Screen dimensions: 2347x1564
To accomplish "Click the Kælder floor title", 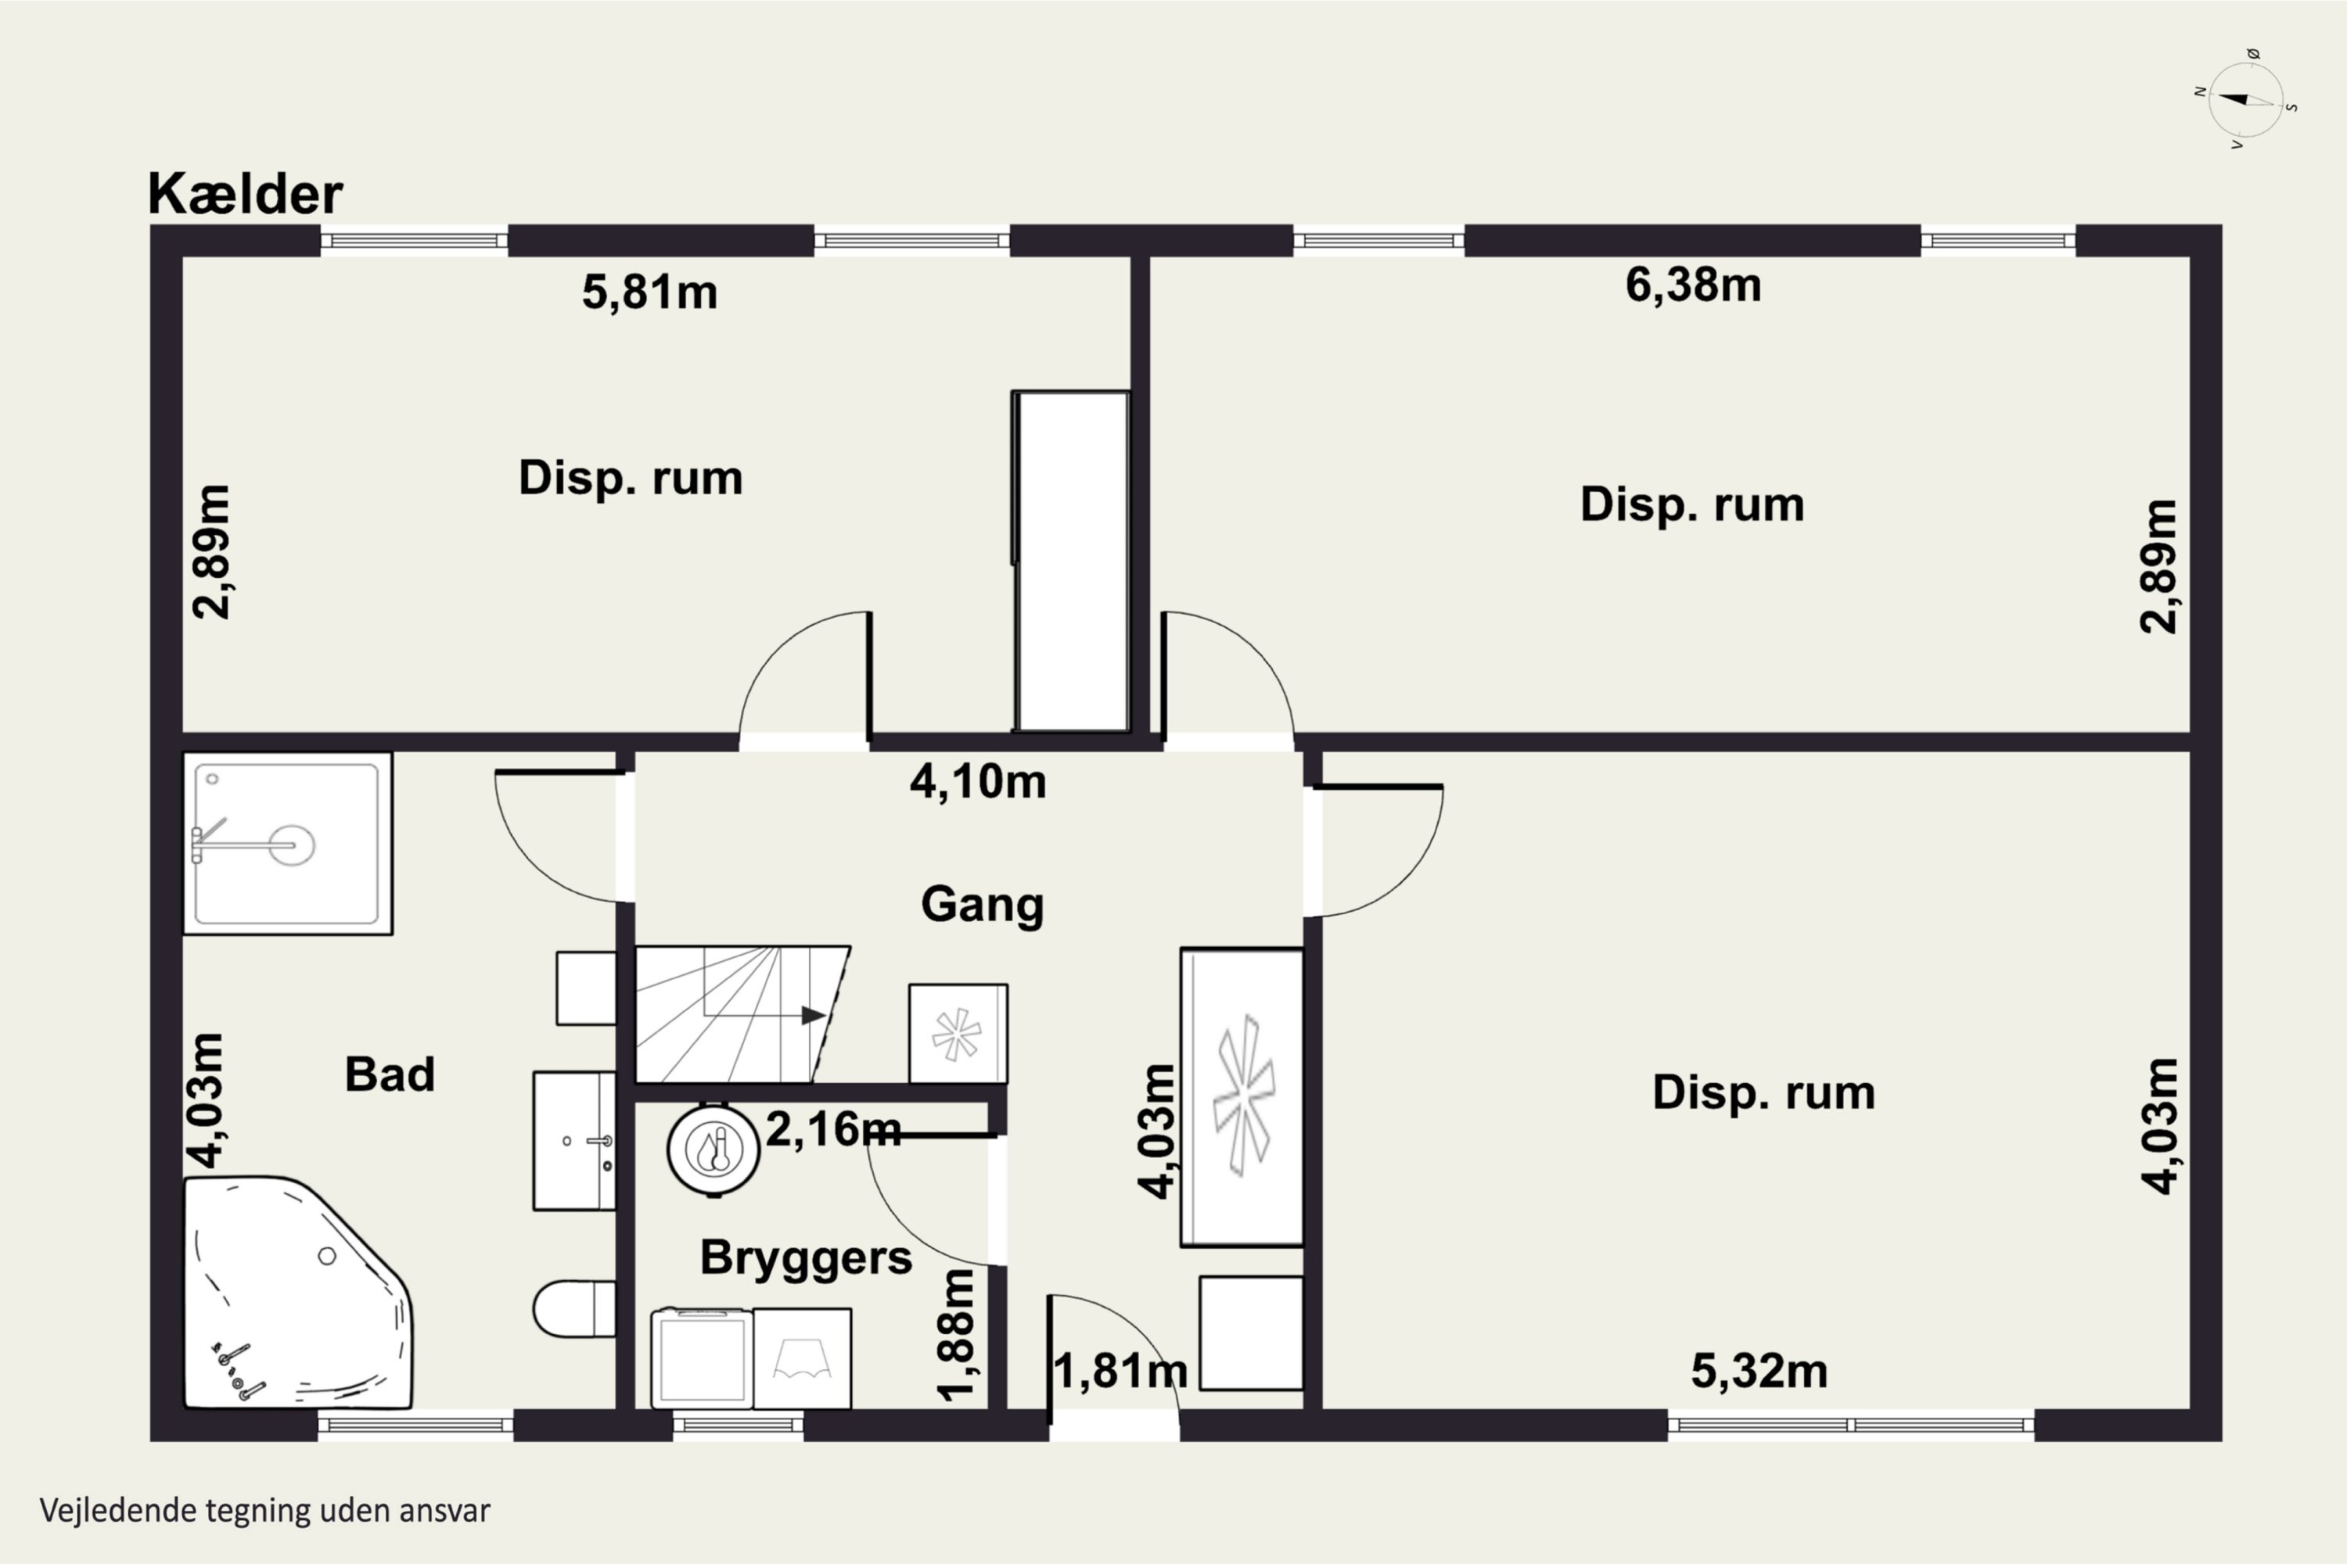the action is tap(246, 193).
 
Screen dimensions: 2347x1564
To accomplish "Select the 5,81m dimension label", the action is tap(649, 292).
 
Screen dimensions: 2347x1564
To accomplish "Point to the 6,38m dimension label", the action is tap(1694, 285).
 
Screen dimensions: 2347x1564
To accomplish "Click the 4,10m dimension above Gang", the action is tap(978, 782).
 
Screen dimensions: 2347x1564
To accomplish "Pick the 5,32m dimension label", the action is tap(1759, 1372).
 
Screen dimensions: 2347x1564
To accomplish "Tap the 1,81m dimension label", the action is tap(1120, 1372).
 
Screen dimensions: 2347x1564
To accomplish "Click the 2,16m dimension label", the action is tap(833, 1129).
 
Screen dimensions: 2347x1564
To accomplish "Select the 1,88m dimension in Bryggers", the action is tap(956, 1335).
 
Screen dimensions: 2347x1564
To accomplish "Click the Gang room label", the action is tap(982, 905).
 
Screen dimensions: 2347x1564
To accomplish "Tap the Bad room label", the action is tap(389, 1074).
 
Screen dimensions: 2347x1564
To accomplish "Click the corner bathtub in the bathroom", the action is tap(297, 1293).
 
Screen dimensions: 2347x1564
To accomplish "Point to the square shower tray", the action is tap(287, 844).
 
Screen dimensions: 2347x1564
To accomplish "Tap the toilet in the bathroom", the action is tap(573, 1308).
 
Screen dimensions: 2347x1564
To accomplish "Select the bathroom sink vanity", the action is tap(573, 1141).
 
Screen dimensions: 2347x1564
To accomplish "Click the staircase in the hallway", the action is tap(742, 1013).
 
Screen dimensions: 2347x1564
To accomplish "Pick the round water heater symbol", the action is tap(713, 1149).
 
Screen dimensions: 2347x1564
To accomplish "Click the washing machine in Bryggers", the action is tap(702, 1358).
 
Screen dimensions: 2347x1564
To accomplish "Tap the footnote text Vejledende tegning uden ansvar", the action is tap(265, 1511).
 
